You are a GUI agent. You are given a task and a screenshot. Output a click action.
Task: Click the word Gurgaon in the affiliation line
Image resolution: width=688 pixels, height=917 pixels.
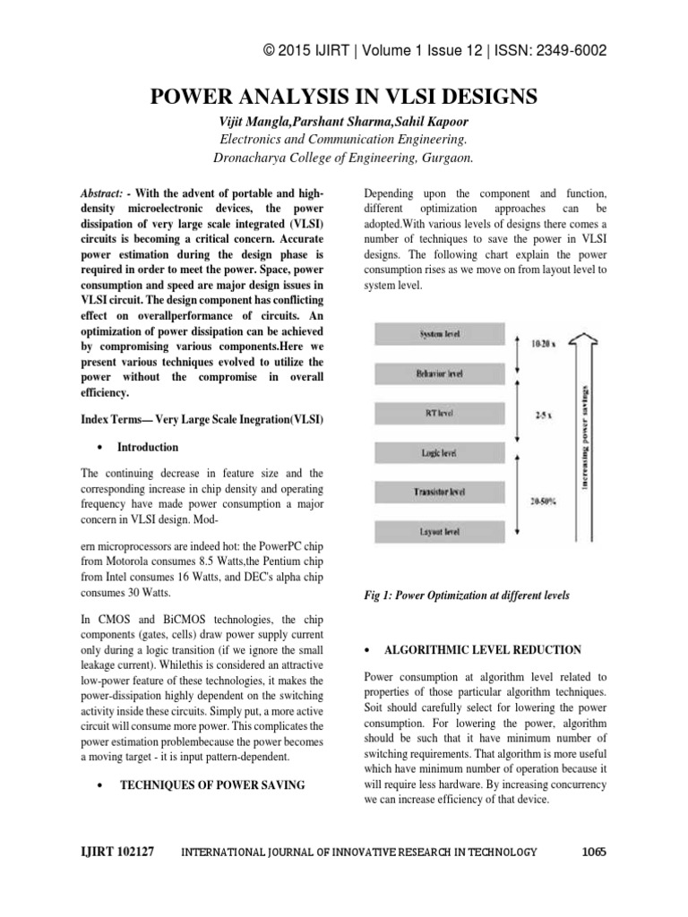444,158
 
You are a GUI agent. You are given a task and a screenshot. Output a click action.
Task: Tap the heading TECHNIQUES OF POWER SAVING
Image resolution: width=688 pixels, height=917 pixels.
211,784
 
